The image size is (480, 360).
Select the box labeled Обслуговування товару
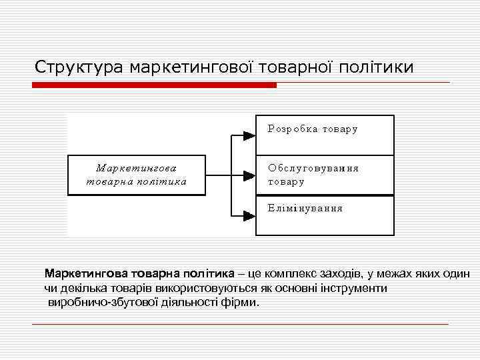click(325, 175)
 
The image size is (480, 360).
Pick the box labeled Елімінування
click(325, 215)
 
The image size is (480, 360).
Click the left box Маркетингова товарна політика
click(137, 175)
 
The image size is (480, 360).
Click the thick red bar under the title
click(155, 85)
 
